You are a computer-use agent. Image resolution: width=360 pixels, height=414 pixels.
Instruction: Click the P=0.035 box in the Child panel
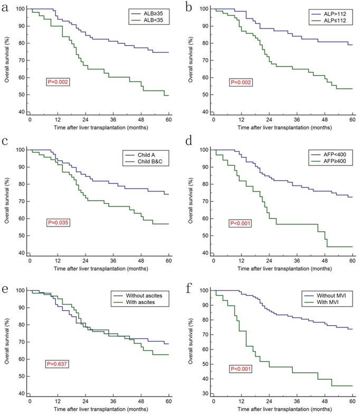tap(58, 223)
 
